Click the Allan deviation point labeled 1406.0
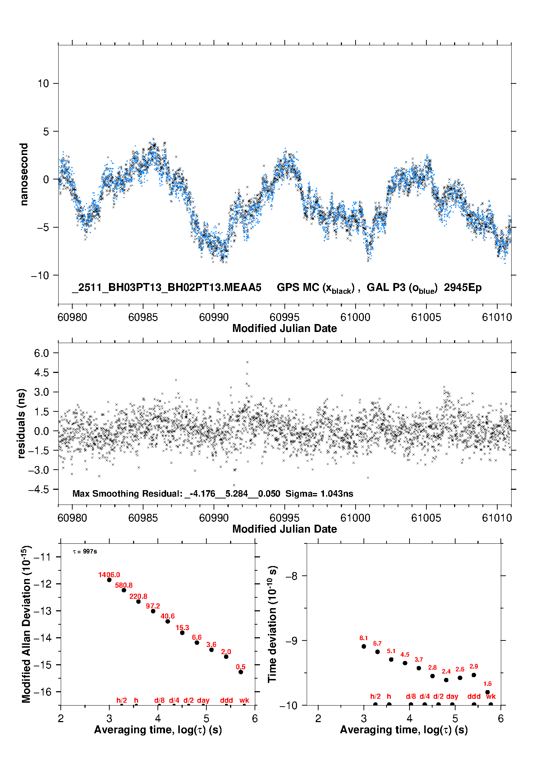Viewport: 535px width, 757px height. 109,580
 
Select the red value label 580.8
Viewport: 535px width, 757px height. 124,585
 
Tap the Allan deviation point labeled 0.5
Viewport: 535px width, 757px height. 241,672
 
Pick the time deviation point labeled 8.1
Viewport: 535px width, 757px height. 364,646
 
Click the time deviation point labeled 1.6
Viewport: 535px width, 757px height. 488,692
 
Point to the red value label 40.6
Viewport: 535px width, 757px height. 168,616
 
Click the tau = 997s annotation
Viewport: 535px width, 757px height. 85,551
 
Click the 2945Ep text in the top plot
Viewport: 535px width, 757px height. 463,287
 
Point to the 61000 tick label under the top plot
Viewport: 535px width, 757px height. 355,317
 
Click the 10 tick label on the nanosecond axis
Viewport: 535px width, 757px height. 44,83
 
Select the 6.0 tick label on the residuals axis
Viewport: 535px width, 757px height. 42,353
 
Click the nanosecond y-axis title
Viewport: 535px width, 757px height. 24,174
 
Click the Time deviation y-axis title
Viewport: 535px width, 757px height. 273,624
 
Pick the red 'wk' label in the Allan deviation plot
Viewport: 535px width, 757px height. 244,700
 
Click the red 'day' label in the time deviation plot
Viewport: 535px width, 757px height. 452,696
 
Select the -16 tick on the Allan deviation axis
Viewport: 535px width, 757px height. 42,692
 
